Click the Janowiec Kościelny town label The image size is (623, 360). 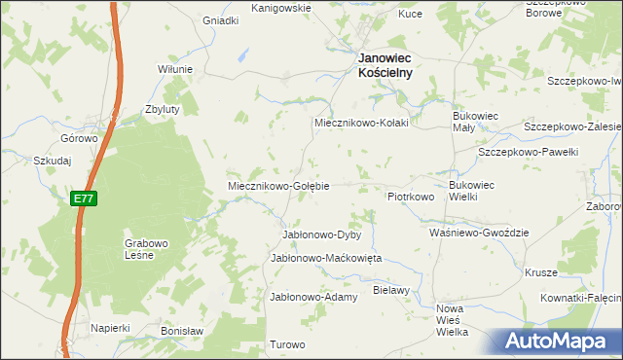[x=385, y=64]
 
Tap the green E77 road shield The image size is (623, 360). [x=84, y=198]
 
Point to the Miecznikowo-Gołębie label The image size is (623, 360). [x=278, y=185]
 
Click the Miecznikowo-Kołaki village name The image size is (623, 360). [x=359, y=124]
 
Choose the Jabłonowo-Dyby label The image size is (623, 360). [x=321, y=235]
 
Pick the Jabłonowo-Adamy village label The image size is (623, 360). [x=313, y=296]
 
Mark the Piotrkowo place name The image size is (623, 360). [x=410, y=197]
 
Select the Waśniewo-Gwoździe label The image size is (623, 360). [x=478, y=234]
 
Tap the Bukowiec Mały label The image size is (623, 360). [x=475, y=122]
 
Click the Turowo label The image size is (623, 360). [x=287, y=344]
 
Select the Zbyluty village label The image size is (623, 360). [x=162, y=110]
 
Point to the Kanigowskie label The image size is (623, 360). [x=280, y=8]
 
